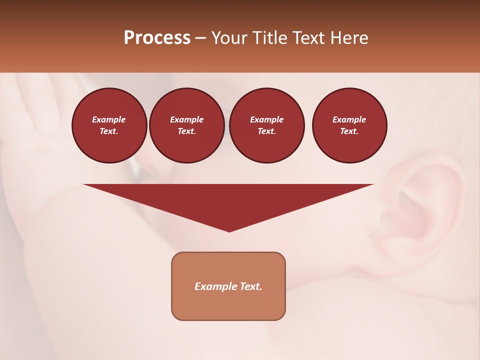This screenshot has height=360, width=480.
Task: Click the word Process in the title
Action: click(157, 38)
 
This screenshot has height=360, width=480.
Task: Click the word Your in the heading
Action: click(229, 38)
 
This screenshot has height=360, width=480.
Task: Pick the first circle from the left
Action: click(109, 125)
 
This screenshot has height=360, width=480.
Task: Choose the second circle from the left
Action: click(187, 125)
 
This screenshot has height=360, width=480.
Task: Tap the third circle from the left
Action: click(266, 125)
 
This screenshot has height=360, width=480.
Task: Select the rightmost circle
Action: click(349, 125)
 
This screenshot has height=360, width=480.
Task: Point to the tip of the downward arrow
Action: click(229, 231)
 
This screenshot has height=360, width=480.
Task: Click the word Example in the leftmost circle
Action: click(109, 119)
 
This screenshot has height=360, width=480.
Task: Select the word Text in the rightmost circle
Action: click(349, 131)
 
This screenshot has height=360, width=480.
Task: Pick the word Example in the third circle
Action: click(266, 119)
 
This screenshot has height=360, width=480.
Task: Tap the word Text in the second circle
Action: click(187, 131)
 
